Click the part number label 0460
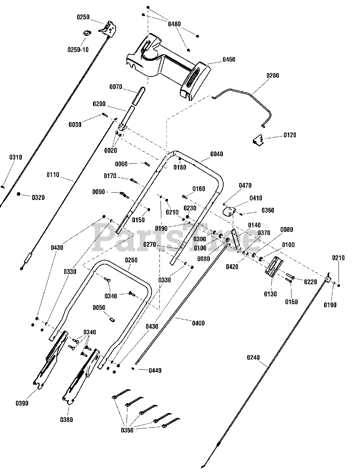click(229, 59)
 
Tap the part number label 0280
click(273, 76)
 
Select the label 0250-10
click(78, 49)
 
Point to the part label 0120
click(290, 135)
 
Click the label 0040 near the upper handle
click(217, 154)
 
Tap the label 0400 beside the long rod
click(198, 323)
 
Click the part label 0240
click(253, 358)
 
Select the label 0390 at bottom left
click(22, 403)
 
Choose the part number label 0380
click(66, 420)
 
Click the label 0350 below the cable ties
click(127, 430)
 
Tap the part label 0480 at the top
click(174, 24)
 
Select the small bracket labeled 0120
click(258, 140)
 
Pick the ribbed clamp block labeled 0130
click(274, 266)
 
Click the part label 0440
click(155, 370)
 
